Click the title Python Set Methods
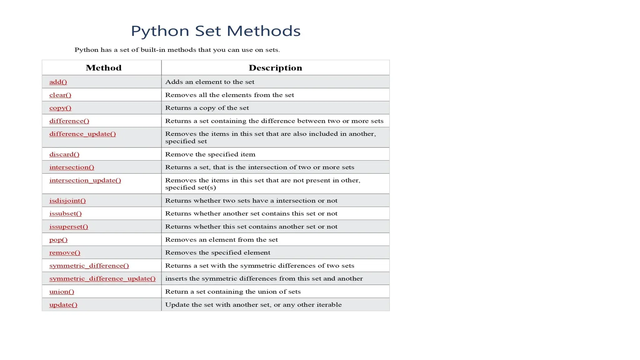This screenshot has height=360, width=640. (216, 31)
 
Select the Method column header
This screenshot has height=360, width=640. (103, 68)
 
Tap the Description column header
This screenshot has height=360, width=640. (275, 68)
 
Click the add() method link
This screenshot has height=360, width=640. (58, 82)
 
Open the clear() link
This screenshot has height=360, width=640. (60, 95)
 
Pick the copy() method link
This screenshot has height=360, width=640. (60, 108)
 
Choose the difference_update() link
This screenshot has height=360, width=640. (82, 134)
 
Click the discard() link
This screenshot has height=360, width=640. (64, 154)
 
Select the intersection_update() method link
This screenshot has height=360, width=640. (85, 180)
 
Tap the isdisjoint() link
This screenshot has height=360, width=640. (67, 201)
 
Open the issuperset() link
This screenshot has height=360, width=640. (69, 227)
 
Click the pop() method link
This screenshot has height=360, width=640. (58, 240)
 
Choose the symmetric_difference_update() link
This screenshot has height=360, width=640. (102, 278)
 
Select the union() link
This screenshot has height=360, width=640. (62, 292)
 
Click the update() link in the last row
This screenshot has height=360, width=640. (63, 305)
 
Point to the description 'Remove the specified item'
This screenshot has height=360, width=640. (210, 154)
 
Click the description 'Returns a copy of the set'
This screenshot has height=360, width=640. (207, 108)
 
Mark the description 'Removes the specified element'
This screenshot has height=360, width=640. (217, 252)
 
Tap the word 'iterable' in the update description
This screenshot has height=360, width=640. (329, 305)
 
